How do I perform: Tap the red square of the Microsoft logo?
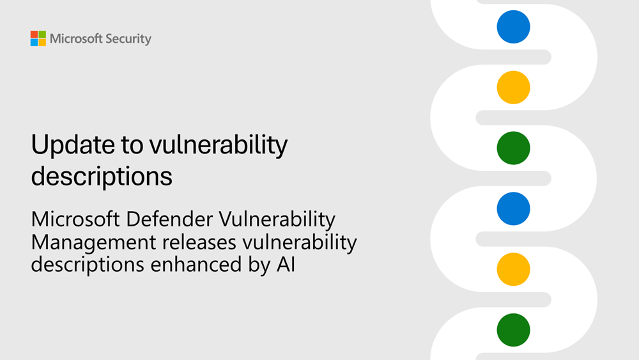click(x=34, y=34)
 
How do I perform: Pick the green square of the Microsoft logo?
click(x=42, y=34)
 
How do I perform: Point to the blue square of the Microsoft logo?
click(x=34, y=42)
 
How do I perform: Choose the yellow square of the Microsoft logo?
click(x=42, y=42)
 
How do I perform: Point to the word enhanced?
click(x=196, y=264)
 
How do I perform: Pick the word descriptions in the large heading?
click(x=102, y=176)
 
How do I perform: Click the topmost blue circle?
click(x=514, y=27)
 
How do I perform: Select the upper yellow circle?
click(x=514, y=87)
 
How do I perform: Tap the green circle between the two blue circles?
click(x=514, y=147)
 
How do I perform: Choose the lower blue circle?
click(x=514, y=208)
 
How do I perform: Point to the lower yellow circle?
click(x=514, y=269)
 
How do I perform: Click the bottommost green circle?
click(x=514, y=330)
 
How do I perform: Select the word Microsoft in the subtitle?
click(x=75, y=220)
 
